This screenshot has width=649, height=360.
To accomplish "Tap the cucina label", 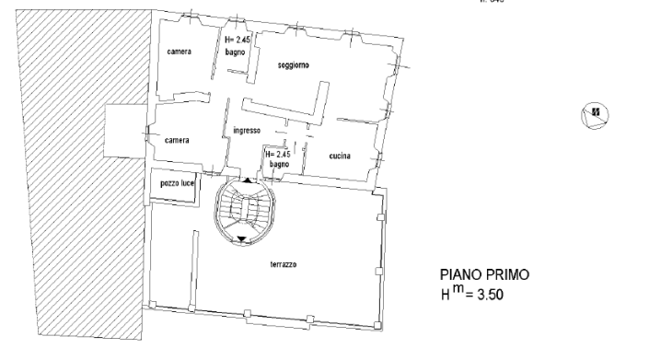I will [x=342, y=156].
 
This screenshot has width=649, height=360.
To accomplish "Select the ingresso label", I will [x=249, y=130].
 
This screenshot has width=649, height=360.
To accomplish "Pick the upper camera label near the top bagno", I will [x=180, y=52].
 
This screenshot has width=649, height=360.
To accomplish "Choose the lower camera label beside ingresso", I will [x=177, y=140].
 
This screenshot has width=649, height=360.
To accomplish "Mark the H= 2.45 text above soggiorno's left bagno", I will [x=238, y=41].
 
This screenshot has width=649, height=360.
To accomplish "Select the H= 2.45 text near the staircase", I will [x=277, y=154].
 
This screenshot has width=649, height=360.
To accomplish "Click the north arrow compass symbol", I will [x=596, y=114].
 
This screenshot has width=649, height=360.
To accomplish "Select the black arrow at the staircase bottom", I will [x=241, y=239].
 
